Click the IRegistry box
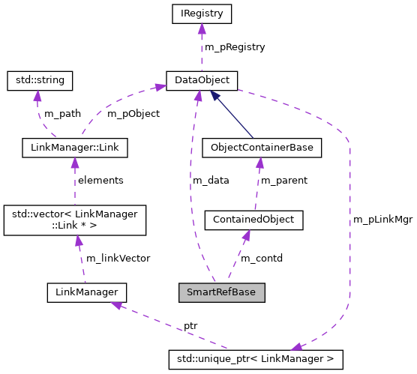(x=201, y=13)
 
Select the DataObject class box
(x=202, y=80)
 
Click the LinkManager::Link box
(x=74, y=148)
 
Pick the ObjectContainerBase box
(x=262, y=148)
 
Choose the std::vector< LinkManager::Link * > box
(x=74, y=220)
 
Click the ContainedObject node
(x=253, y=220)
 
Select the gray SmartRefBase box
(x=222, y=292)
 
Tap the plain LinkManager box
(x=86, y=292)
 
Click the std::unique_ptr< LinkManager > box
(x=256, y=359)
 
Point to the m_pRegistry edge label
(x=235, y=46)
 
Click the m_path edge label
(x=61, y=114)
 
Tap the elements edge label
(x=100, y=181)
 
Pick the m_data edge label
(x=211, y=181)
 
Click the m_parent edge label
(x=283, y=181)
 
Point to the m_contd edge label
(x=261, y=258)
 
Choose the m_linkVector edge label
(x=118, y=258)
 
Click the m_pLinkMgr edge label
(x=382, y=220)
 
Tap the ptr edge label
(x=190, y=326)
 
